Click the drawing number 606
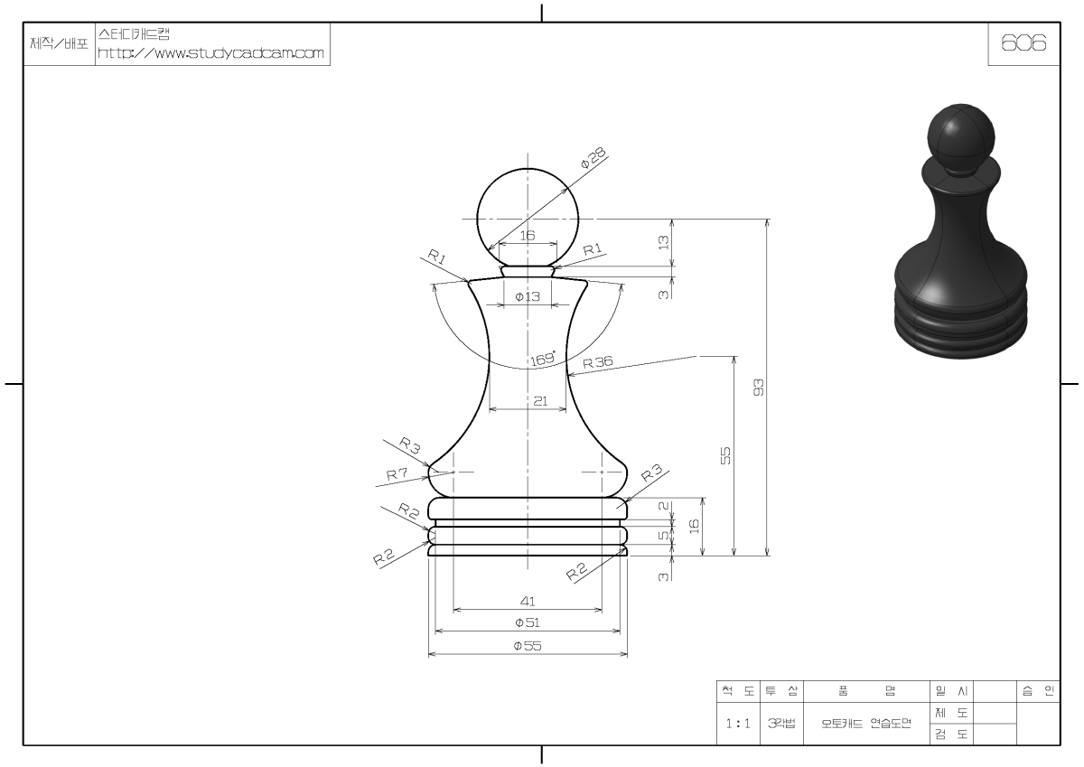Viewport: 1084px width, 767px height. point(1023,43)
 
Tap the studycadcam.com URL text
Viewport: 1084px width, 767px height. point(210,52)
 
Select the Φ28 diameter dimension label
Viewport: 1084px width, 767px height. point(593,158)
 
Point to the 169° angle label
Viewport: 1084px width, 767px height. point(543,359)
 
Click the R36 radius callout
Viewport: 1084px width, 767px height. point(598,362)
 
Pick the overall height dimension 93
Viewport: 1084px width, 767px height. point(759,388)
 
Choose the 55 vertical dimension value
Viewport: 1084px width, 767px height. point(725,455)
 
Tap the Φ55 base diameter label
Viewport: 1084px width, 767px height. point(528,646)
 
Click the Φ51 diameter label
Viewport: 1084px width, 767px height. point(528,622)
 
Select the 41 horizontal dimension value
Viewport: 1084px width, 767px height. point(528,601)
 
